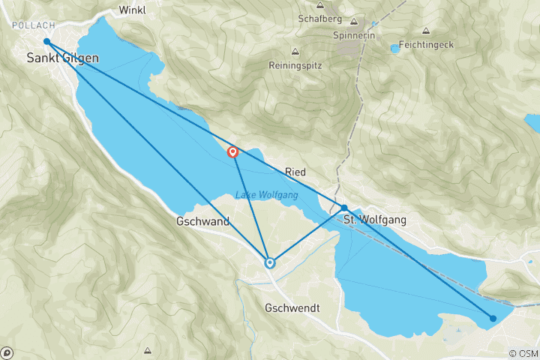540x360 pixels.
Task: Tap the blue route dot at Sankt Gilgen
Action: (46, 42)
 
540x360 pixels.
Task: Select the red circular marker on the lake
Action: (232, 152)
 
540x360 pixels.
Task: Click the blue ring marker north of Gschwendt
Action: (270, 262)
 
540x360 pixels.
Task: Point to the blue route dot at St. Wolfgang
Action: (344, 208)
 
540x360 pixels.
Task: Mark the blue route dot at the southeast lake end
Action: (493, 318)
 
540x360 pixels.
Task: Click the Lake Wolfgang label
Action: (267, 195)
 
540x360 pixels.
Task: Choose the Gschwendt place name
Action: (292, 308)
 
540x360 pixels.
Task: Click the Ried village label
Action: (295, 172)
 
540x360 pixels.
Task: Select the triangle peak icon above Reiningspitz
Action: (295, 52)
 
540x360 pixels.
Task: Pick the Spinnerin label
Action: (354, 35)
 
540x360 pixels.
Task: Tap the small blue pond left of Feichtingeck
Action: (394, 49)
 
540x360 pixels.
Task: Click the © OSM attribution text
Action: (522, 353)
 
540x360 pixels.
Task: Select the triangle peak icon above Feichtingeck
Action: (426, 31)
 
